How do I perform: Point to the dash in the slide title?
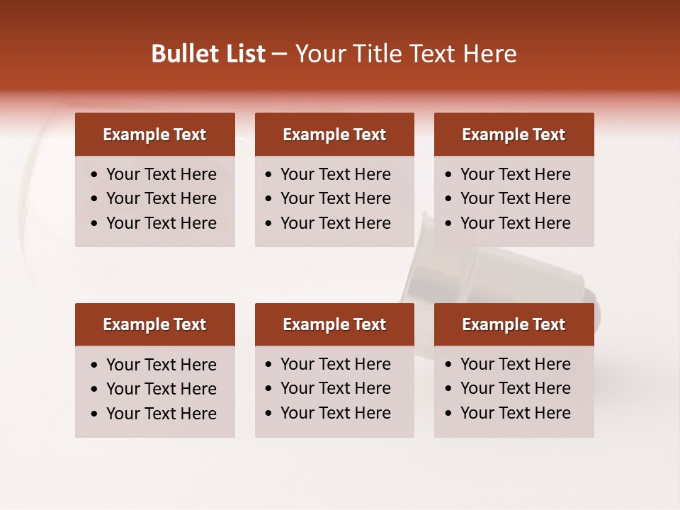pyautogui.click(x=279, y=55)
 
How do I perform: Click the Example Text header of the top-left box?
pyautogui.click(x=154, y=135)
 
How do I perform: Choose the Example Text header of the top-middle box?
pyautogui.click(x=334, y=135)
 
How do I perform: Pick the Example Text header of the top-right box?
pyautogui.click(x=514, y=135)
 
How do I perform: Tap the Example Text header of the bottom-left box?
pyautogui.click(x=154, y=324)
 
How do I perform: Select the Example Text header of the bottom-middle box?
pyautogui.click(x=334, y=324)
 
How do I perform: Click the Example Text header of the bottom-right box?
pyautogui.click(x=514, y=324)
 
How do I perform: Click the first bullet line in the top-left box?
pyautogui.click(x=161, y=174)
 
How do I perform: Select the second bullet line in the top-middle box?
pyautogui.click(x=335, y=198)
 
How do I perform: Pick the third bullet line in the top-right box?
pyautogui.click(x=515, y=223)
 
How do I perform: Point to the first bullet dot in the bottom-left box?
pyautogui.click(x=95, y=365)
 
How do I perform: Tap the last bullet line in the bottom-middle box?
pyautogui.click(x=335, y=413)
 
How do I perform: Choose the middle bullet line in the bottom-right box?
pyautogui.click(x=515, y=388)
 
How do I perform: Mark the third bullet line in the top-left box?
pyautogui.click(x=161, y=223)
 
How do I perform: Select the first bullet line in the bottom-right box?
pyautogui.click(x=515, y=364)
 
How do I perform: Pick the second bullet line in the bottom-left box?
pyautogui.click(x=161, y=389)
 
